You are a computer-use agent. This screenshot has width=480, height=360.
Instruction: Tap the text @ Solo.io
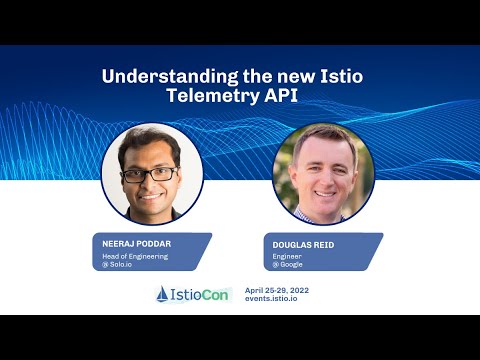116,265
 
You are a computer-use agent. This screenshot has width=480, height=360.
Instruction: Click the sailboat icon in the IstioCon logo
166,294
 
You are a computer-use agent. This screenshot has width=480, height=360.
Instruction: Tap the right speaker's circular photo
323,173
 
